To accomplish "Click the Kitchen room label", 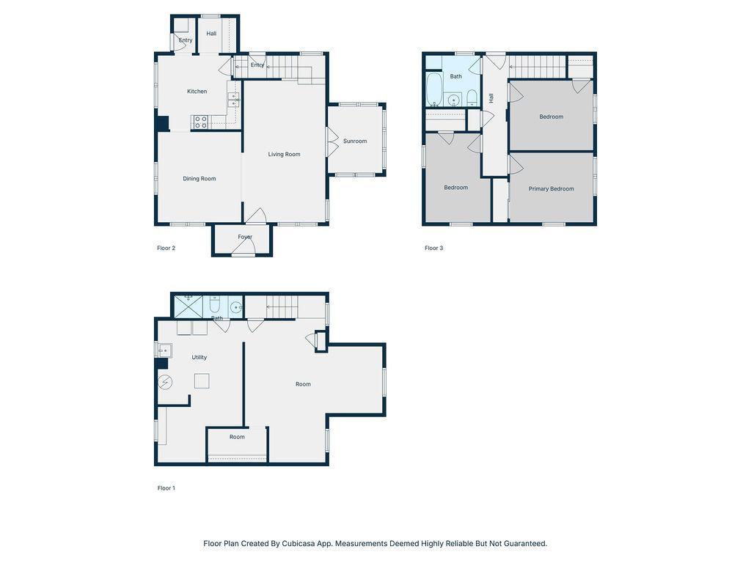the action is pyautogui.click(x=197, y=92).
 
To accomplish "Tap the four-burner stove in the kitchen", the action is pyautogui.click(x=201, y=122).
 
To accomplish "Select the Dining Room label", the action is pyautogui.click(x=199, y=179).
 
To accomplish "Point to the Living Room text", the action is pyautogui.click(x=284, y=154).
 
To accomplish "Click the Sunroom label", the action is pyautogui.click(x=355, y=141).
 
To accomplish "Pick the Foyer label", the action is pyautogui.click(x=245, y=237).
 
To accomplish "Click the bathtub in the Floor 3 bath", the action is pyautogui.click(x=434, y=89).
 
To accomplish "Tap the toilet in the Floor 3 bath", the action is pyautogui.click(x=472, y=97).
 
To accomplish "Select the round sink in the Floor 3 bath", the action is pyautogui.click(x=453, y=100).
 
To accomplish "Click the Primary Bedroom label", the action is pyautogui.click(x=552, y=189).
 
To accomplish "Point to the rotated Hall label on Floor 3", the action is pyautogui.click(x=491, y=98).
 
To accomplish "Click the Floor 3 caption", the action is pyautogui.click(x=434, y=248).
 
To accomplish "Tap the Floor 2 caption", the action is pyautogui.click(x=166, y=248).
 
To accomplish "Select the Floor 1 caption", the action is pyautogui.click(x=166, y=488).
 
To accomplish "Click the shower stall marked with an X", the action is pyautogui.click(x=188, y=307).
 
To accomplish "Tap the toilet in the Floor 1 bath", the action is pyautogui.click(x=215, y=304).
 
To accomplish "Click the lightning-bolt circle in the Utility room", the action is pyautogui.click(x=165, y=383).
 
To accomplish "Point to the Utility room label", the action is pyautogui.click(x=199, y=357).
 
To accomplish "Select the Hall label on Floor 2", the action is pyautogui.click(x=211, y=34).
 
